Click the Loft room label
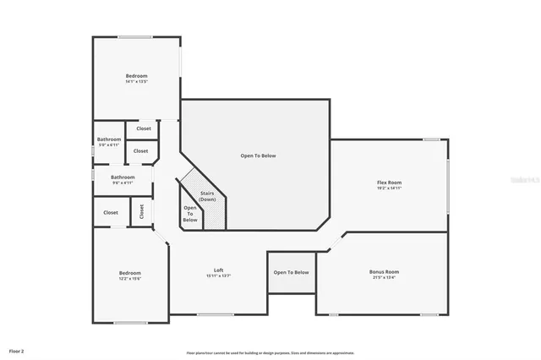(x=218, y=270)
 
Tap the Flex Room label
(x=389, y=183)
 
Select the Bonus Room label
(x=384, y=271)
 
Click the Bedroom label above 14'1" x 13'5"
(x=136, y=76)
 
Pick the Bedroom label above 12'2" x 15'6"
(x=129, y=272)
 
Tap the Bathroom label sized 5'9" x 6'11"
(x=109, y=139)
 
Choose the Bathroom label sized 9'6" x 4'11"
(x=123, y=177)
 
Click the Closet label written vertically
(x=142, y=211)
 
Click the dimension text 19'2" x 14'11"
(x=389, y=188)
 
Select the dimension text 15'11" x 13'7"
(x=218, y=275)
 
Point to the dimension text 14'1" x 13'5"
(x=136, y=82)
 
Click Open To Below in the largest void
(x=258, y=155)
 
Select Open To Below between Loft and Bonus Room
(x=291, y=272)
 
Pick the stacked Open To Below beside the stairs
(x=190, y=214)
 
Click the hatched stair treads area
(x=215, y=215)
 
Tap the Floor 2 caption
(x=17, y=349)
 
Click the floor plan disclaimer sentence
(x=270, y=352)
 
